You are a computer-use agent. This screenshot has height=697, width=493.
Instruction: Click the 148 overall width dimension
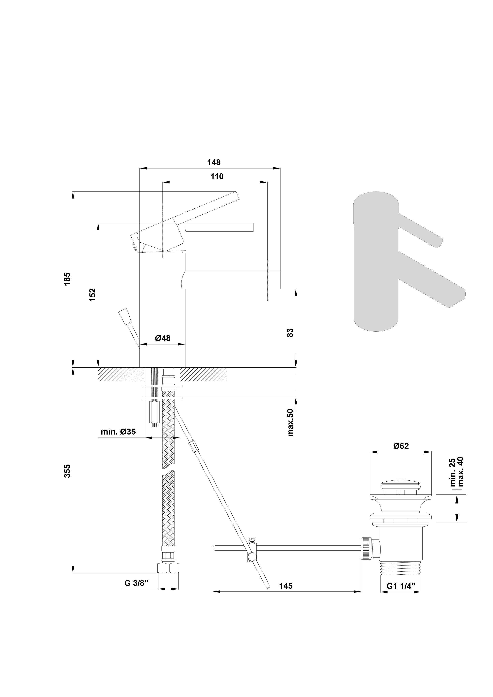(x=214, y=163)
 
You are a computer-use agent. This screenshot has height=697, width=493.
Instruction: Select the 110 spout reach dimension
(x=217, y=177)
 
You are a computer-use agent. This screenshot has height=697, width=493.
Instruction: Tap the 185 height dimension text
(x=67, y=279)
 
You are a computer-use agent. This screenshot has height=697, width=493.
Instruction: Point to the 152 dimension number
(x=92, y=294)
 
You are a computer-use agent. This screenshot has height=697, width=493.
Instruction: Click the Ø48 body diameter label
(x=163, y=338)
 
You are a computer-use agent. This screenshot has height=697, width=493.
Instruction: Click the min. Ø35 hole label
(x=118, y=432)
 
